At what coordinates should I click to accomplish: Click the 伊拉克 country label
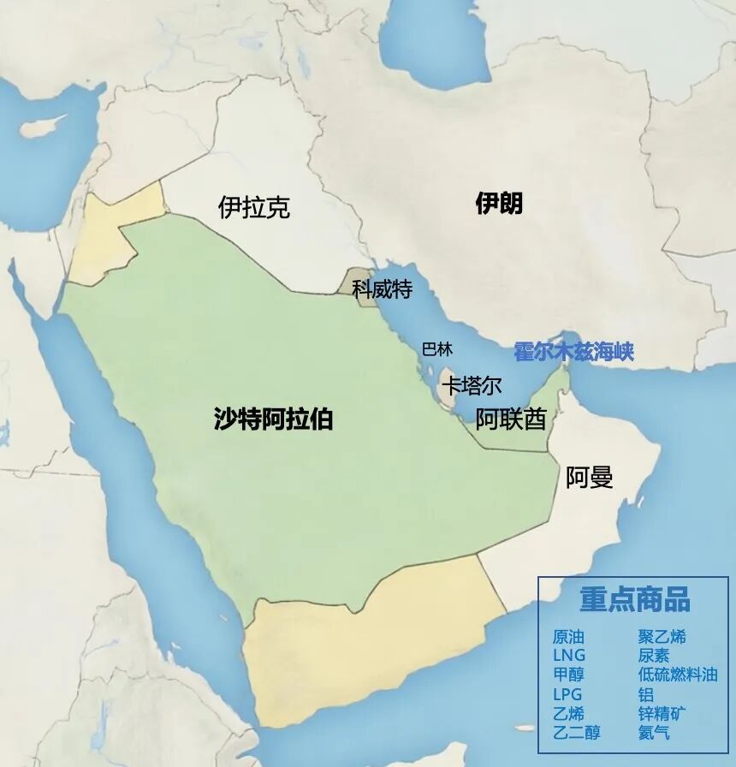tap(254, 207)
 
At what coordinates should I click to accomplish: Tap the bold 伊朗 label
tap(499, 204)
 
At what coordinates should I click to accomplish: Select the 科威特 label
tap(382, 290)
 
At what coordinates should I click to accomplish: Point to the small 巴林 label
tap(437, 349)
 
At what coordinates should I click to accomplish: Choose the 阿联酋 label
tap(511, 419)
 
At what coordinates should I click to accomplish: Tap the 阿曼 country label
tap(590, 478)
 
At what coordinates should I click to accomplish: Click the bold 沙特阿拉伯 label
tap(273, 419)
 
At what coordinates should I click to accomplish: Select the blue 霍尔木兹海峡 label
tap(573, 352)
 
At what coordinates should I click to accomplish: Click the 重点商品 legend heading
tap(634, 599)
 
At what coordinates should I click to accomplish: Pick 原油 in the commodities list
tap(568, 637)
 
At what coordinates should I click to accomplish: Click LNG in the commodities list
tap(569, 656)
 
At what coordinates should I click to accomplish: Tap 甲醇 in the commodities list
tap(568, 675)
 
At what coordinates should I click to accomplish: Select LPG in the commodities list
tap(568, 694)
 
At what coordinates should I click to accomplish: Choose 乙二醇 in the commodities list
tap(576, 733)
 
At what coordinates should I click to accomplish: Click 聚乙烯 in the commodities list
tap(662, 637)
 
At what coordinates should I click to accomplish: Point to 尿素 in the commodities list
tap(654, 656)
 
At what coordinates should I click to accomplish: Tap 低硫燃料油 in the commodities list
tap(678, 675)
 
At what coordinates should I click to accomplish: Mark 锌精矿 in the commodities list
tap(662, 714)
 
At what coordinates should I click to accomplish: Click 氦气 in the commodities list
tap(654, 733)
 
